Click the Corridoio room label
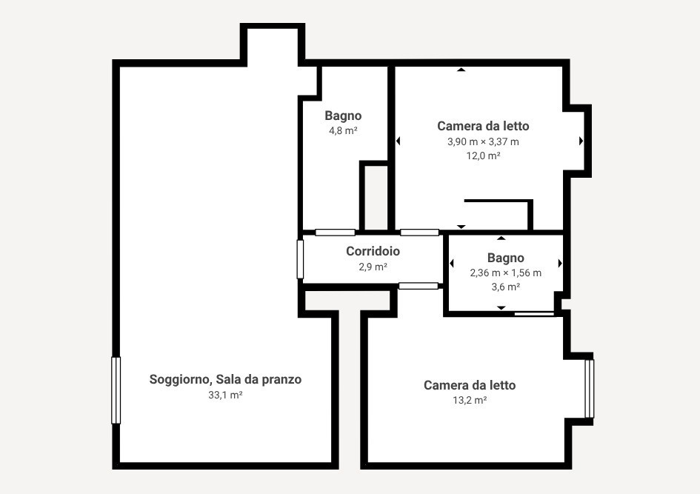[373, 251]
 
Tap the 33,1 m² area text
[225, 395]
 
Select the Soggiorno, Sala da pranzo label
[225, 379]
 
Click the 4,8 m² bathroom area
[343, 130]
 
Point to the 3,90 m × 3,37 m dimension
[483, 141]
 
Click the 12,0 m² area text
[483, 156]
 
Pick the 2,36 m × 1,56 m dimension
[505, 273]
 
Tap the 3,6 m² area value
[505, 287]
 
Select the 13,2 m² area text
[470, 401]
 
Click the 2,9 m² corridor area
[373, 267]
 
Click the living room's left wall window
[116, 390]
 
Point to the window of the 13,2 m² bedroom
[590, 389]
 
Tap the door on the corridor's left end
[300, 258]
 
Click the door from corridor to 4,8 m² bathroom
[335, 233]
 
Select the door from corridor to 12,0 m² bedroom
[419, 233]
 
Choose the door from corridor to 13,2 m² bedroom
[418, 286]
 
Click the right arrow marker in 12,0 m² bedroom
[581, 141]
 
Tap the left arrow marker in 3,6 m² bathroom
[451, 263]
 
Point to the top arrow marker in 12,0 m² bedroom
[461, 70]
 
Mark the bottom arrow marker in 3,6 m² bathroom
[501, 307]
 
